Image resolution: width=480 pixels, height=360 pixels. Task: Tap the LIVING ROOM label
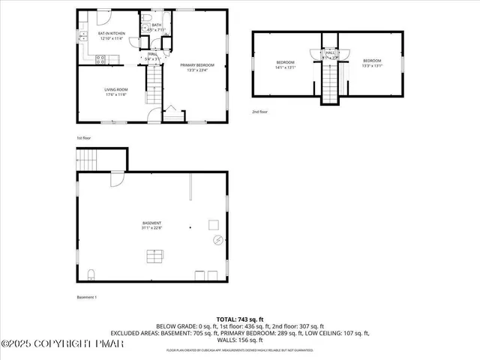pyautogui.click(x=116, y=90)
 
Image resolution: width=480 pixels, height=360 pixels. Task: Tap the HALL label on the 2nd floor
pyautogui.click(x=330, y=52)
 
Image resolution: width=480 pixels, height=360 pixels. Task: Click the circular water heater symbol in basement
pyautogui.click(x=219, y=240)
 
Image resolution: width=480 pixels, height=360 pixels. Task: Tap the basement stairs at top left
pyautogui.click(x=88, y=160)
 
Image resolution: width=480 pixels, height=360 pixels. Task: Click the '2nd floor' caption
pyautogui.click(x=260, y=111)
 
